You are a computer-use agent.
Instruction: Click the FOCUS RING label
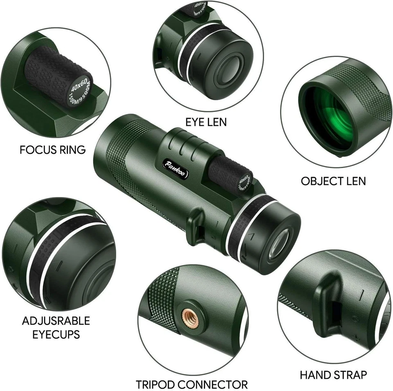click(52, 150)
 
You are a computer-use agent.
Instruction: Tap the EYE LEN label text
click(206, 122)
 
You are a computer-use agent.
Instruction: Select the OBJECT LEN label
click(333, 181)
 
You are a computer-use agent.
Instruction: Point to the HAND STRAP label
click(333, 374)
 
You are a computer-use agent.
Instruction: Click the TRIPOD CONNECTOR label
click(192, 384)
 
